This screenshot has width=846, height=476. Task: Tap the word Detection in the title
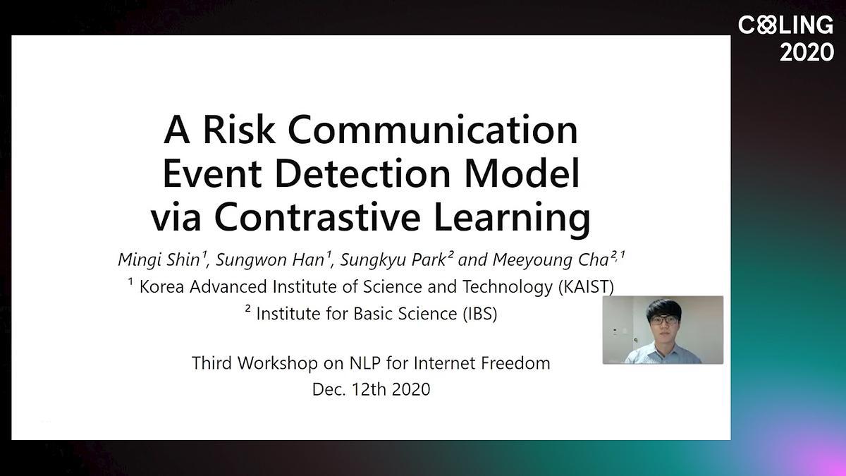(x=362, y=173)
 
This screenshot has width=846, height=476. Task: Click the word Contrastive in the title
(x=317, y=216)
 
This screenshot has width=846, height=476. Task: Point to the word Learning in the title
(x=512, y=219)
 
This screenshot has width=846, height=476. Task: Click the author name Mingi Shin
(x=159, y=260)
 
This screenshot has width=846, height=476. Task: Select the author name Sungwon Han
(x=270, y=260)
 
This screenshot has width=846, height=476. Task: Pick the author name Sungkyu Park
(x=393, y=260)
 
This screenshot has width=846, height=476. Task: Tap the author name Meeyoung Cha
(x=551, y=260)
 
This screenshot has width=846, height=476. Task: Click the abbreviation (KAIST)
(x=586, y=287)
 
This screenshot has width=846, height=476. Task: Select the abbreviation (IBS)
(x=480, y=314)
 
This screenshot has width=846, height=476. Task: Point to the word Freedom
(x=515, y=363)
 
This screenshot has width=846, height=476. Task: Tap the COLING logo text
(x=785, y=25)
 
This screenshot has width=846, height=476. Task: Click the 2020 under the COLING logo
(x=807, y=52)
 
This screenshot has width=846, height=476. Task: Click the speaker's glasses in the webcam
(x=664, y=320)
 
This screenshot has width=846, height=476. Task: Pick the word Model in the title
(x=522, y=173)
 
